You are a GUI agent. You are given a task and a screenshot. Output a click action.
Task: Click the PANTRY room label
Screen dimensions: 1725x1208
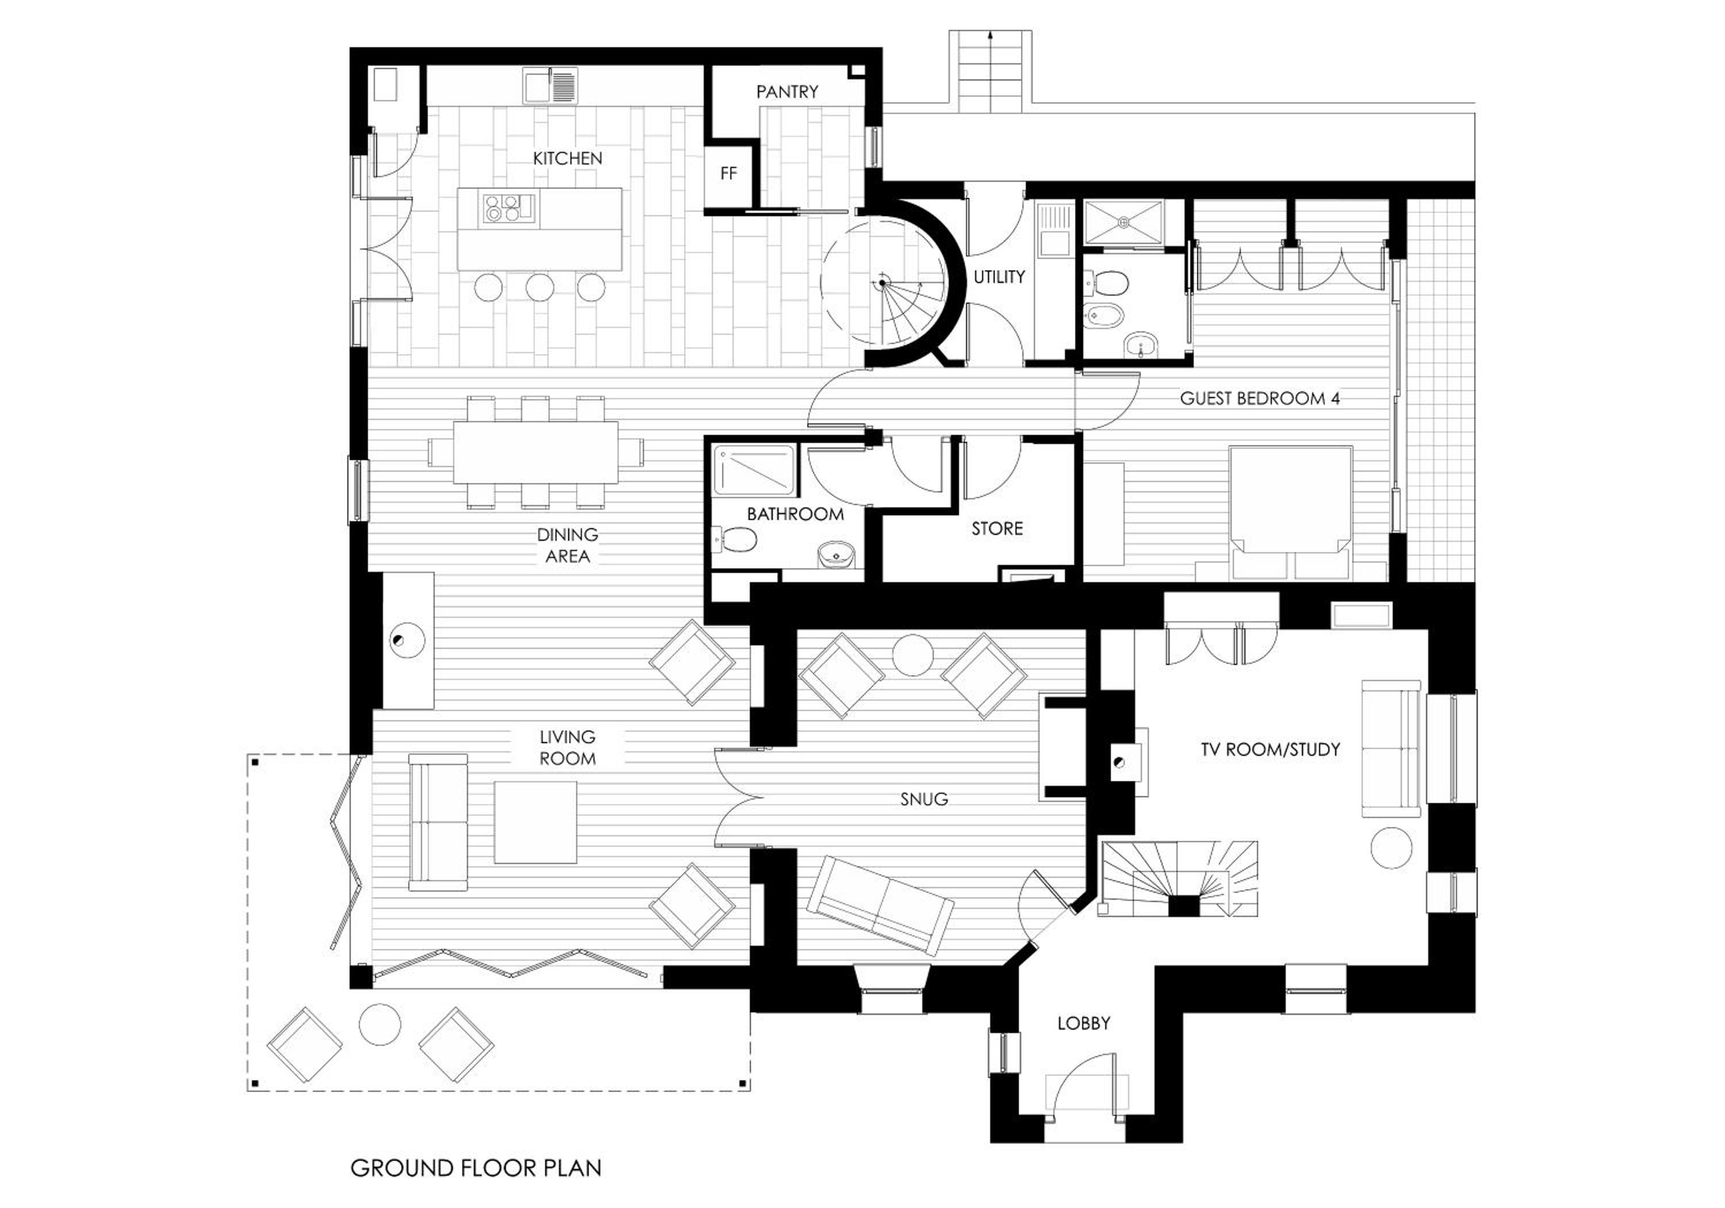pyautogui.click(x=787, y=91)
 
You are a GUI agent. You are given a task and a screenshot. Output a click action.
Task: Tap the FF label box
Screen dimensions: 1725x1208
pyautogui.click(x=728, y=174)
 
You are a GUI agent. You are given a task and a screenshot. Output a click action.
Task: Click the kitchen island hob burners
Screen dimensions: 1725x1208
pyautogui.click(x=502, y=208)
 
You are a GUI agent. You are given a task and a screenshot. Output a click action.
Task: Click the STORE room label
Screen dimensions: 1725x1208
pyautogui.click(x=997, y=529)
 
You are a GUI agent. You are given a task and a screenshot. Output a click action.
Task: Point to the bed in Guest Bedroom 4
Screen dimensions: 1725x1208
pyautogui.click(x=1290, y=514)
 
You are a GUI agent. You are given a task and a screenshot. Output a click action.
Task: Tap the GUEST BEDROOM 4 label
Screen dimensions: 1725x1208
pyautogui.click(x=1260, y=399)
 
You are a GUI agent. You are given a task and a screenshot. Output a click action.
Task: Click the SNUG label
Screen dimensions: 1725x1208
pyautogui.click(x=924, y=799)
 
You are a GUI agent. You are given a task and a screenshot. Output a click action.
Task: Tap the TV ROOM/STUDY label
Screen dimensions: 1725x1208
pyautogui.click(x=1270, y=750)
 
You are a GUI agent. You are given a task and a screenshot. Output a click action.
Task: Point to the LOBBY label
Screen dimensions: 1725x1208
pyautogui.click(x=1083, y=1023)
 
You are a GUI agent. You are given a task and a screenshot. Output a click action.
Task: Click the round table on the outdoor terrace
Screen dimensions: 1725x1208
pyautogui.click(x=379, y=1024)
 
